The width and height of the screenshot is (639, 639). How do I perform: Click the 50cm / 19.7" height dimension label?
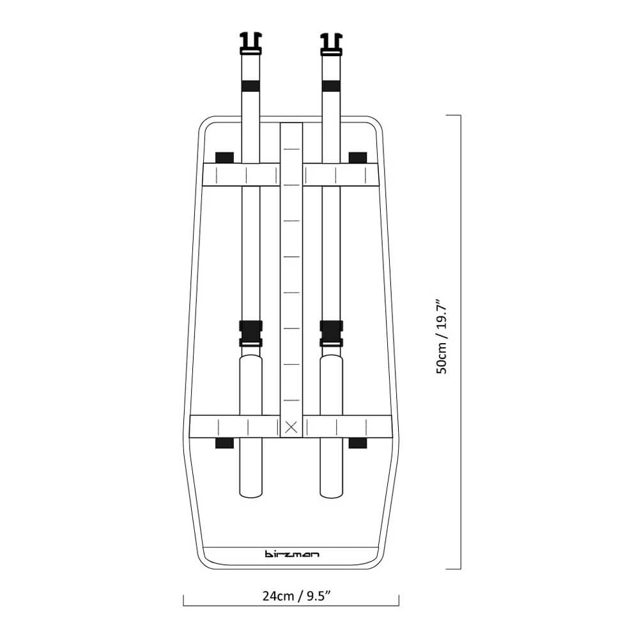pos(442,335)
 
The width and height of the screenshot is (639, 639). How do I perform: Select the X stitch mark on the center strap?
pos(291,427)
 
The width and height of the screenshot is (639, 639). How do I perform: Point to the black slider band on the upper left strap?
pos(250,85)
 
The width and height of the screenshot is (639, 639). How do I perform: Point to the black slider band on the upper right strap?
pos(330,85)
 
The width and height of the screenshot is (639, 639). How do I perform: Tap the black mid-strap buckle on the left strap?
pos(250,333)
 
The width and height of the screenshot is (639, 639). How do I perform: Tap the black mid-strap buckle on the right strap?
pos(330,333)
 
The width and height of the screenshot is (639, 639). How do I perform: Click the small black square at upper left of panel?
pos(224,157)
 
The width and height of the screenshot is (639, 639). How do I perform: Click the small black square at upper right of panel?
pos(358,157)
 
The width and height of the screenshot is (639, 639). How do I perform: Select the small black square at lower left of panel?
pos(224,443)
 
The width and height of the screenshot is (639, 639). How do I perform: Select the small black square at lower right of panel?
pos(358,443)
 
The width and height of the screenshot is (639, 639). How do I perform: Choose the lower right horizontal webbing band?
pos(348,427)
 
